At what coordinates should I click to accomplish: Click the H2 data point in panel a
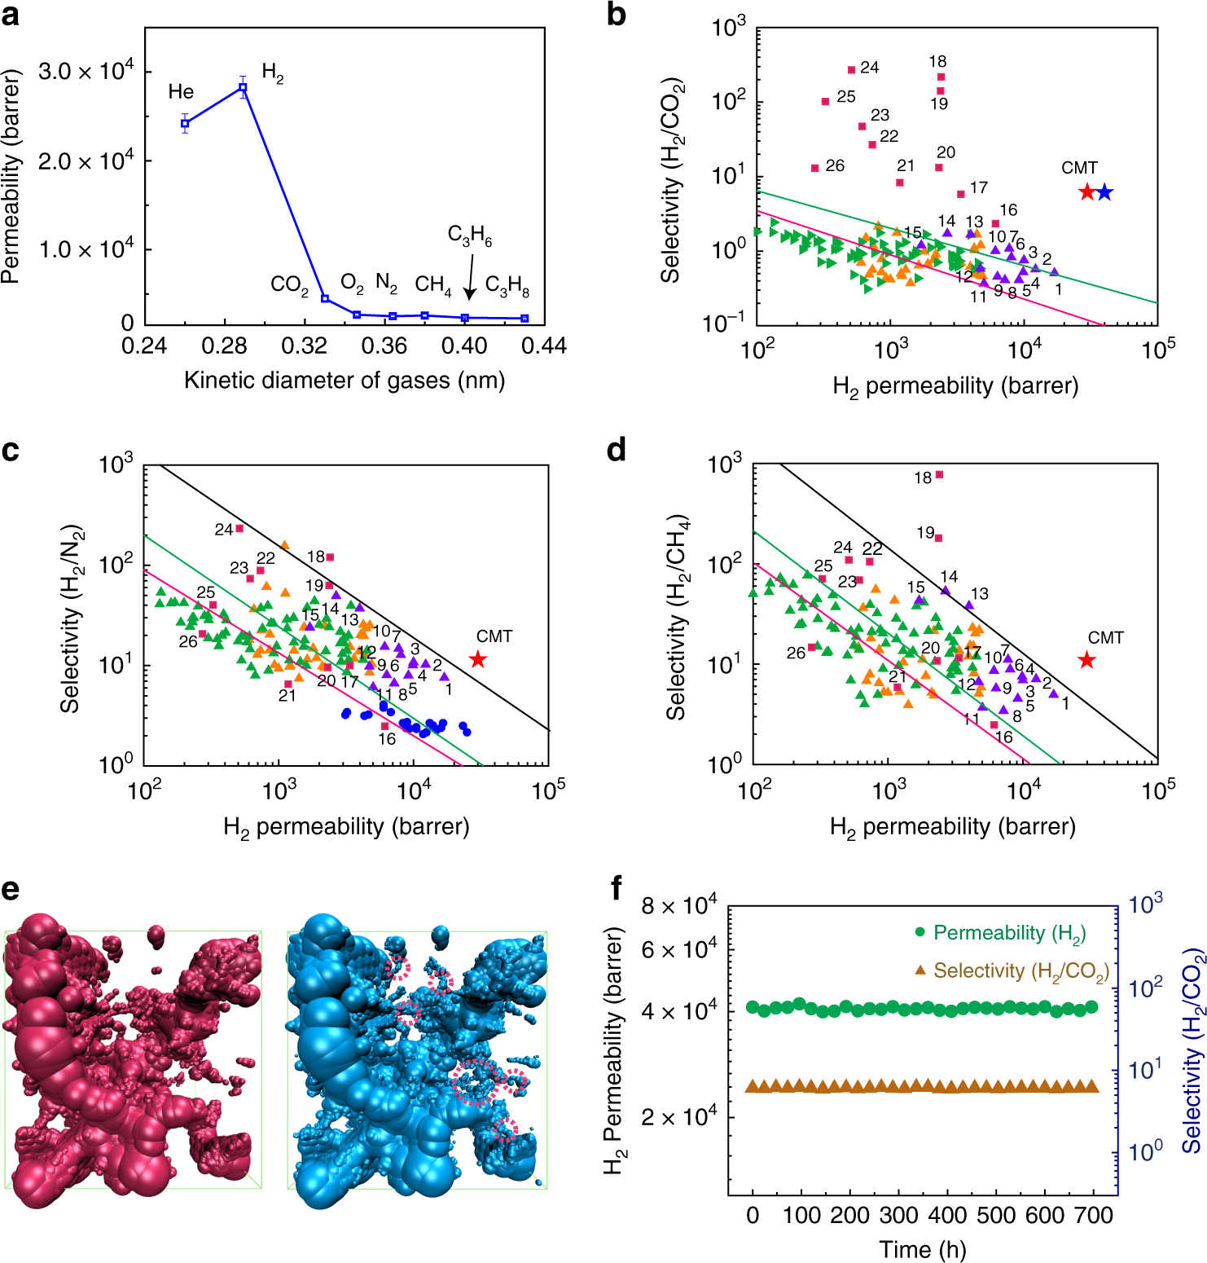click(243, 87)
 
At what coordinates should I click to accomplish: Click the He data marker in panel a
click(185, 124)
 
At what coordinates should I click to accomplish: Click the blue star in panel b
click(1104, 192)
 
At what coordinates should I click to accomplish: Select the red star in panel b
click(1086, 192)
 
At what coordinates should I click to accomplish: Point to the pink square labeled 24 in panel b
click(851, 70)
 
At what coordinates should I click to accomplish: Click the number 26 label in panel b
click(835, 166)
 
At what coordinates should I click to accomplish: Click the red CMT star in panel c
click(478, 659)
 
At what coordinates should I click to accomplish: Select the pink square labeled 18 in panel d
click(939, 475)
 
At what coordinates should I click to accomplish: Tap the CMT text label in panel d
click(1105, 638)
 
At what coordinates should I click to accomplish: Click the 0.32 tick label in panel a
click(304, 346)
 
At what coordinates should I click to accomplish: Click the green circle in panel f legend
click(920, 932)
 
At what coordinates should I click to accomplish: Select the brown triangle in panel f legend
click(920, 970)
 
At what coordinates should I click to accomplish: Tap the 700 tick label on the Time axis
click(1093, 1216)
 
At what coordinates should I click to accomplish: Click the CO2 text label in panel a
click(289, 285)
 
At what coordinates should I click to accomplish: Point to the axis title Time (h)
click(922, 1249)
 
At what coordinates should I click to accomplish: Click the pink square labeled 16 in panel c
click(385, 725)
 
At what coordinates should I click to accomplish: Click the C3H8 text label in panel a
click(507, 286)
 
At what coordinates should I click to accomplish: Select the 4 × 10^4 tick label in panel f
click(678, 1011)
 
